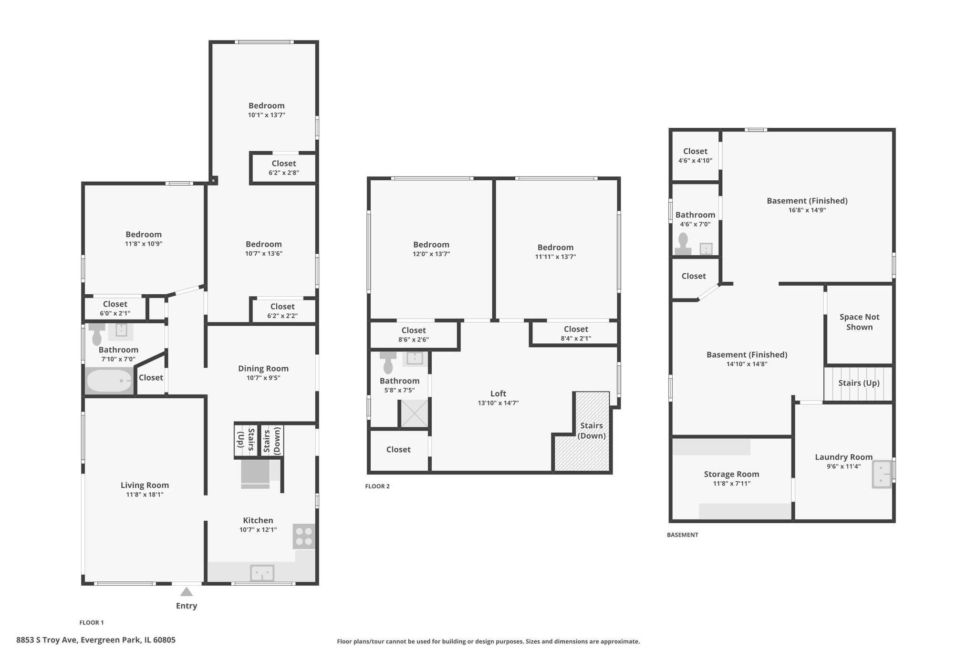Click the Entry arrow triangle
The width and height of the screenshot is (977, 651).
(187, 592)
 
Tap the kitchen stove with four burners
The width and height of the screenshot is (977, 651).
(304, 537)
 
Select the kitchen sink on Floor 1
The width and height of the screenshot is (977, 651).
(262, 573)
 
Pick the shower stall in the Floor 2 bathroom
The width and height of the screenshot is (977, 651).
(414, 413)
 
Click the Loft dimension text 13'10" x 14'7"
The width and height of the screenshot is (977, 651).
(498, 403)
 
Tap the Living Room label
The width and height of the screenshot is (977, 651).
(145, 485)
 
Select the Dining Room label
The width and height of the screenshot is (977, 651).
(263, 368)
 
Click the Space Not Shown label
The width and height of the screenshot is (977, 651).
(859, 322)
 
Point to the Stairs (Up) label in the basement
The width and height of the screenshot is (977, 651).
(859, 383)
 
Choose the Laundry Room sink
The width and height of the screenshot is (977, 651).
(882, 474)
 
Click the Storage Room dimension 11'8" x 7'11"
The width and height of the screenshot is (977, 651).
(731, 484)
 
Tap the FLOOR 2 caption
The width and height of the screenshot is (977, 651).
(377, 486)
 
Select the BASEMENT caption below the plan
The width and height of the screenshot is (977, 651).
(682, 535)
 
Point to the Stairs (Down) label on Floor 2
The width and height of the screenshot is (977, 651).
(592, 431)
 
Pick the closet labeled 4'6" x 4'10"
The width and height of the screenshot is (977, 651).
(695, 155)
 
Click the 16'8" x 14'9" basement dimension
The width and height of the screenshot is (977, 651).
(807, 210)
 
